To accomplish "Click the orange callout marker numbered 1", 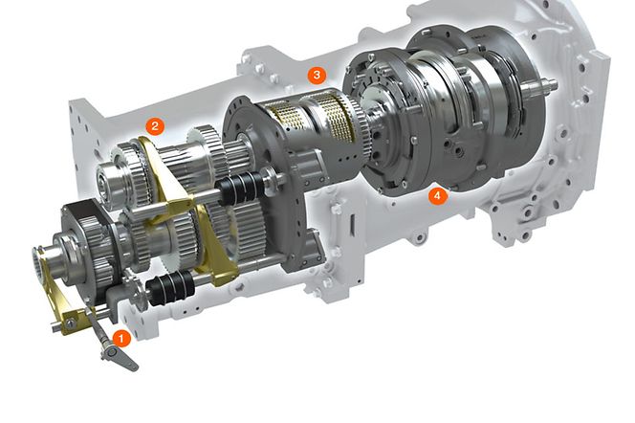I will coord(120,337).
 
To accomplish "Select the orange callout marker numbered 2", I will coord(153,125).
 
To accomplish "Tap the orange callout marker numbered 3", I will coord(316,75).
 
